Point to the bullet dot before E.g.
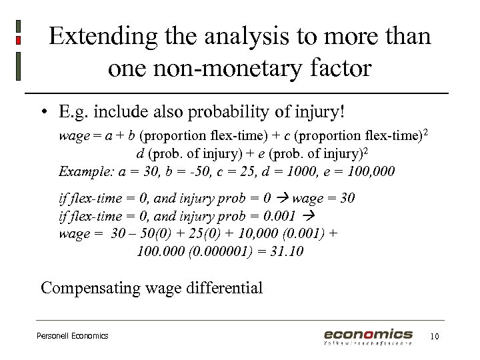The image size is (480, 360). click(43, 111)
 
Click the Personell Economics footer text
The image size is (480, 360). click(72, 336)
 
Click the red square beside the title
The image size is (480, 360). click(18, 41)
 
